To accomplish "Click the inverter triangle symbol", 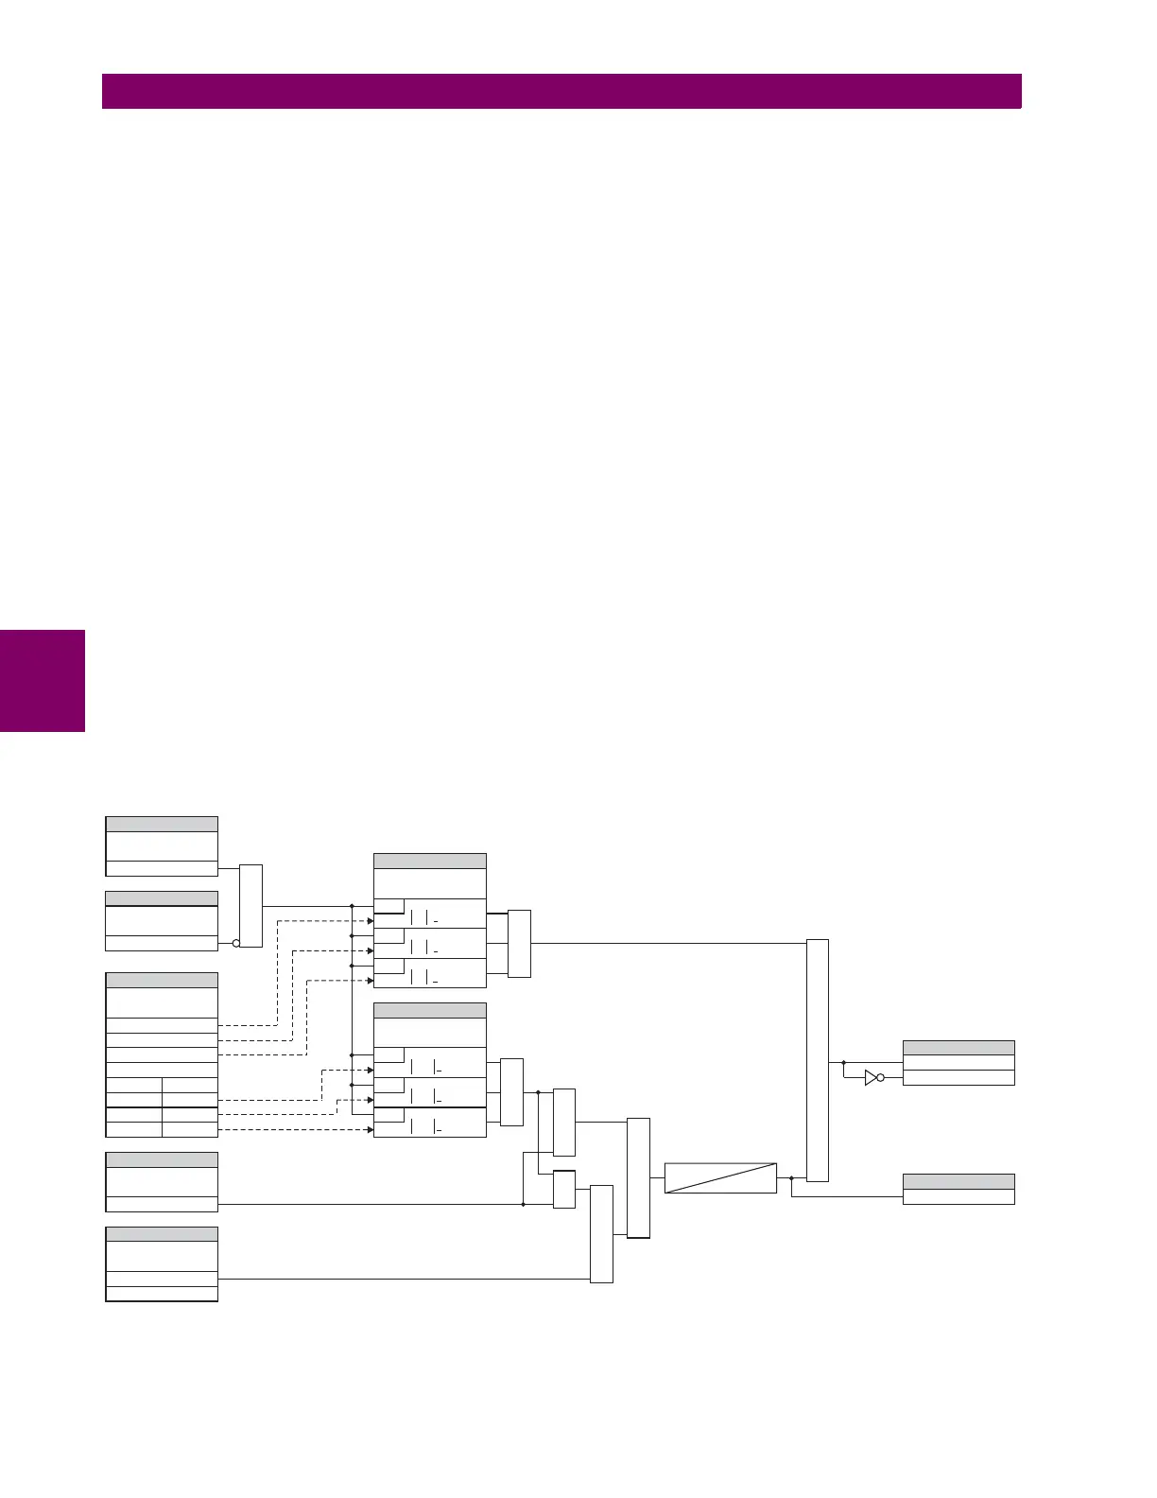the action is [871, 1077].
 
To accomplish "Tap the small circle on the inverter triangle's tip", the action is [881, 1077].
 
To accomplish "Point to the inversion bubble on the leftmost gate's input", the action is [236, 943].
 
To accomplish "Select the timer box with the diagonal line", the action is [720, 1178].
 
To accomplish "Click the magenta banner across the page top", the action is [561, 92].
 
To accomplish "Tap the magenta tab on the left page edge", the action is [43, 681].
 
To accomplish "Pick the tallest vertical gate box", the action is [818, 1060].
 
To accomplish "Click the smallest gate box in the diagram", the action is [563, 1190].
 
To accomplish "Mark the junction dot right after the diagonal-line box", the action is [790, 1178].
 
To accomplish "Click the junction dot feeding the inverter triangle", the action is [843, 1063].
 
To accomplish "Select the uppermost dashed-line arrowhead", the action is [371, 920].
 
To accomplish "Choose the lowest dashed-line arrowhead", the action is [371, 1130].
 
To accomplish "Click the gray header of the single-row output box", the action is [958, 1181].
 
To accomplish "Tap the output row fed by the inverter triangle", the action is [958, 1078].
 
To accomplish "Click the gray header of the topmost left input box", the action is [162, 824].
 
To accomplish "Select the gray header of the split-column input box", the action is [162, 981].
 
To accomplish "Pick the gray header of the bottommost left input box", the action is [162, 1234].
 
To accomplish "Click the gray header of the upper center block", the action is [430, 861].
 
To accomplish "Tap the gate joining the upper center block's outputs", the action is [519, 943].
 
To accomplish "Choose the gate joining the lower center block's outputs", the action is [511, 1092].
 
